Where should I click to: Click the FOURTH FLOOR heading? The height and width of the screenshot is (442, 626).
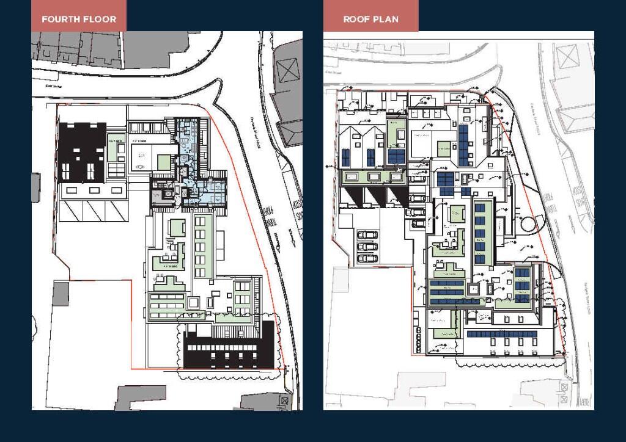click(x=79, y=19)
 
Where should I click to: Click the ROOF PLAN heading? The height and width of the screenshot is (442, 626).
click(x=370, y=19)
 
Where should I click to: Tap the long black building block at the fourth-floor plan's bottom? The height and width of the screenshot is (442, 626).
click(x=229, y=353)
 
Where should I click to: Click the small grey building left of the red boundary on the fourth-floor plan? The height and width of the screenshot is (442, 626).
click(x=61, y=294)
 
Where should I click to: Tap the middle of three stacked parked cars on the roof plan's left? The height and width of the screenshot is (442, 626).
click(x=367, y=247)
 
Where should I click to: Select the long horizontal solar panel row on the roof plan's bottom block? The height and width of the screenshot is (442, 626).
click(x=501, y=335)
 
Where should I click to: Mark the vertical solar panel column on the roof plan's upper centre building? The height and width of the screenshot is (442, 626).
click(x=463, y=144)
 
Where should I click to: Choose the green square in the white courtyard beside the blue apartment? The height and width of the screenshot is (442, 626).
click(x=164, y=162)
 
